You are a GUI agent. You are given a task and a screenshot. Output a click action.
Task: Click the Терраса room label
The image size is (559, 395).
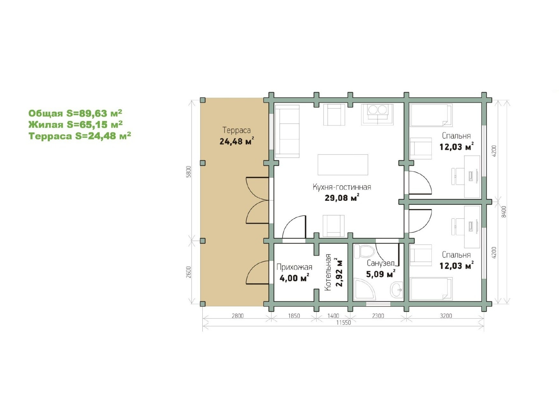(236, 130)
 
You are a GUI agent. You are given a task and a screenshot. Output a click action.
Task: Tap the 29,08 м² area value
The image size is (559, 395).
(342, 198)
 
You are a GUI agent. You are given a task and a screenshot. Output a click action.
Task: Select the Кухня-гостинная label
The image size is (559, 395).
(342, 187)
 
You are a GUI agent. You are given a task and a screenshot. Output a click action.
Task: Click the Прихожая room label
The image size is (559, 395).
(294, 267)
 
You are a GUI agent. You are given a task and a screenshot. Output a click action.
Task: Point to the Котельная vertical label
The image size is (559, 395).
(328, 272)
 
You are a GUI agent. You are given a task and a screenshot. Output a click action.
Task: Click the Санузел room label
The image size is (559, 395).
(381, 263)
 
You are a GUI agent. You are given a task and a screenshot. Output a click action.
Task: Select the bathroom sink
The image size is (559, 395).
(396, 290)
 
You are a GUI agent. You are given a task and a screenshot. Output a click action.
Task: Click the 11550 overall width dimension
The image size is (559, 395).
(344, 323)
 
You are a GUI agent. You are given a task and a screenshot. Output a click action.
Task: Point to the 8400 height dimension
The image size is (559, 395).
(504, 212)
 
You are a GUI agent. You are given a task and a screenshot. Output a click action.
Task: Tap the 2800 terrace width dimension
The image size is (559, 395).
(237, 316)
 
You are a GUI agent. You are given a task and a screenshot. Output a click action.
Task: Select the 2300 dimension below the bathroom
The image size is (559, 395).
(378, 316)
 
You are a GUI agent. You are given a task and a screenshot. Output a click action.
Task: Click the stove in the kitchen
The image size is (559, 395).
(377, 114)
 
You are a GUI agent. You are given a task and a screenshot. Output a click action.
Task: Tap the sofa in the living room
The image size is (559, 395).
(287, 131)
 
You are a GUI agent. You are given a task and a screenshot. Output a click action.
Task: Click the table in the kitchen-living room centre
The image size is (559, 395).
(343, 165)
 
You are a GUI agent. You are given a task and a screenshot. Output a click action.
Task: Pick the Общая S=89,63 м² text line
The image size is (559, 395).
(75, 113)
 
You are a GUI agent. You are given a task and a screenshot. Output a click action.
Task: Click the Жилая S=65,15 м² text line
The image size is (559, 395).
(76, 124)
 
